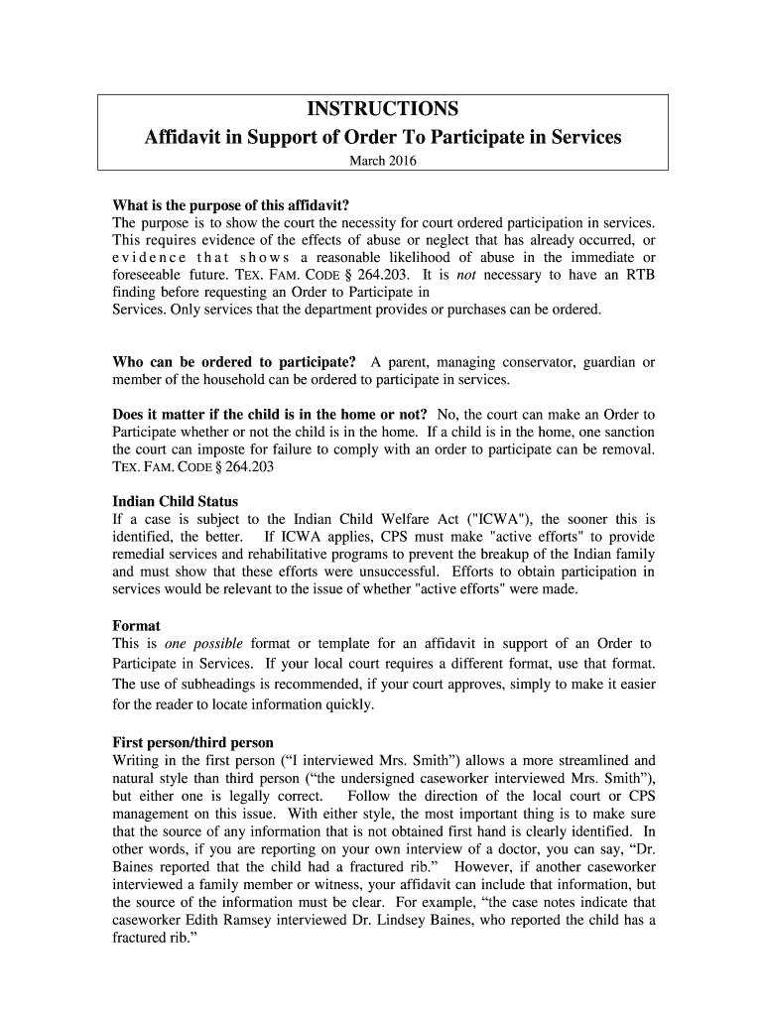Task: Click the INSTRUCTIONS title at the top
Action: [x=382, y=108]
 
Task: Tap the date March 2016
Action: [x=382, y=162]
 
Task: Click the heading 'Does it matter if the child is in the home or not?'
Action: [x=270, y=414]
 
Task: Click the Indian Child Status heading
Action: [x=176, y=501]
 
